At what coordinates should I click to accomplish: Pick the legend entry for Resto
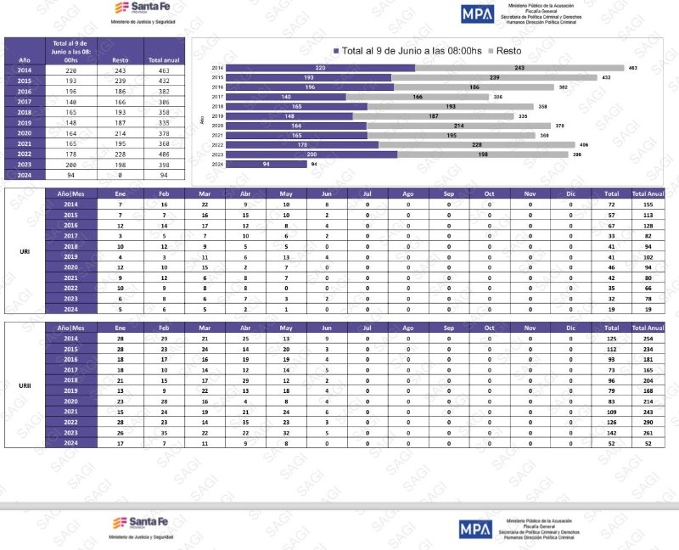pos(509,50)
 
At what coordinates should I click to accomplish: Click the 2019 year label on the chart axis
pos(217,116)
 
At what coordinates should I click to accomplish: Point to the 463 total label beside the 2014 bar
pos(632,68)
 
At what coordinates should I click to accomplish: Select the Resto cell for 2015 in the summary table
pos(120,81)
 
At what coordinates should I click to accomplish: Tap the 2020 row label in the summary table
pos(25,133)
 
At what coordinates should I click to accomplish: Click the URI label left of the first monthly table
pos(25,252)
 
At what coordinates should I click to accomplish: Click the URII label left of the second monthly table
pos(25,384)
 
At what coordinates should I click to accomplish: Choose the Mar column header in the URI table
pos(204,194)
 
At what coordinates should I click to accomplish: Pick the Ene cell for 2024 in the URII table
pos(121,442)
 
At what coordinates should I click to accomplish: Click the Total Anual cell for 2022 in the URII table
pos(648,421)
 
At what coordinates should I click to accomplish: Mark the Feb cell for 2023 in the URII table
pos(164,431)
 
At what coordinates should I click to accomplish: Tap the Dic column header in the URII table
pos(570,327)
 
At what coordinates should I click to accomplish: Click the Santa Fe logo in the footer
pos(141,525)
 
